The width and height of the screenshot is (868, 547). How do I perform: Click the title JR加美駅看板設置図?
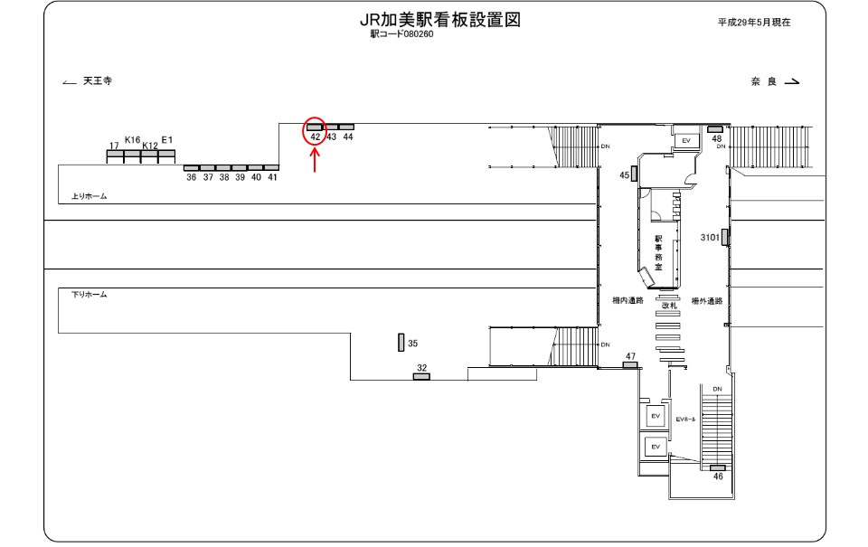pos(440,20)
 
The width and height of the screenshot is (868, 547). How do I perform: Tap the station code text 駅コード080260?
pos(401,34)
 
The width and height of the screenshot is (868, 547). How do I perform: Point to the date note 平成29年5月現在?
pos(754,23)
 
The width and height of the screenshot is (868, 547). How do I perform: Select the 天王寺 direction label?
pos(98,80)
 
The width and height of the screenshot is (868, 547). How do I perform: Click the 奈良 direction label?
pos(764,82)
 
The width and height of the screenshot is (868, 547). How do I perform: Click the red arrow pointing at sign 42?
pos(315,161)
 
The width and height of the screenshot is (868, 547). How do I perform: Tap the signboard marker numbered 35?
pos(401,343)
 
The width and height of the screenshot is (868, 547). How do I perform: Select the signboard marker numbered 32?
pos(421,376)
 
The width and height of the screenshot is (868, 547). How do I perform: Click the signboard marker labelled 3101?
pos(724,237)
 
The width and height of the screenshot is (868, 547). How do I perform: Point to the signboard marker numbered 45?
pos(635,174)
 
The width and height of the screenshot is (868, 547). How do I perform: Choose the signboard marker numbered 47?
pos(630,365)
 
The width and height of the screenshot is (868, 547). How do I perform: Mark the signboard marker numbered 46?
pos(717,467)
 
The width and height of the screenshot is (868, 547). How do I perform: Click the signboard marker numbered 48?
pos(714,129)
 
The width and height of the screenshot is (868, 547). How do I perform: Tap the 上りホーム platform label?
pos(90,196)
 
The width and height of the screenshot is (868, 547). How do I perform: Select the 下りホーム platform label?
pos(90,295)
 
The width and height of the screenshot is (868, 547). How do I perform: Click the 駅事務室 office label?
pos(658,253)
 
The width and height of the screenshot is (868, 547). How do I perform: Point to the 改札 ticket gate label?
pos(669,306)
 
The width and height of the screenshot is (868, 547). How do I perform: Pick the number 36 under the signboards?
pos(192,178)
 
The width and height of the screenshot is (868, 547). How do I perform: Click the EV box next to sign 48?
pos(686,141)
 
